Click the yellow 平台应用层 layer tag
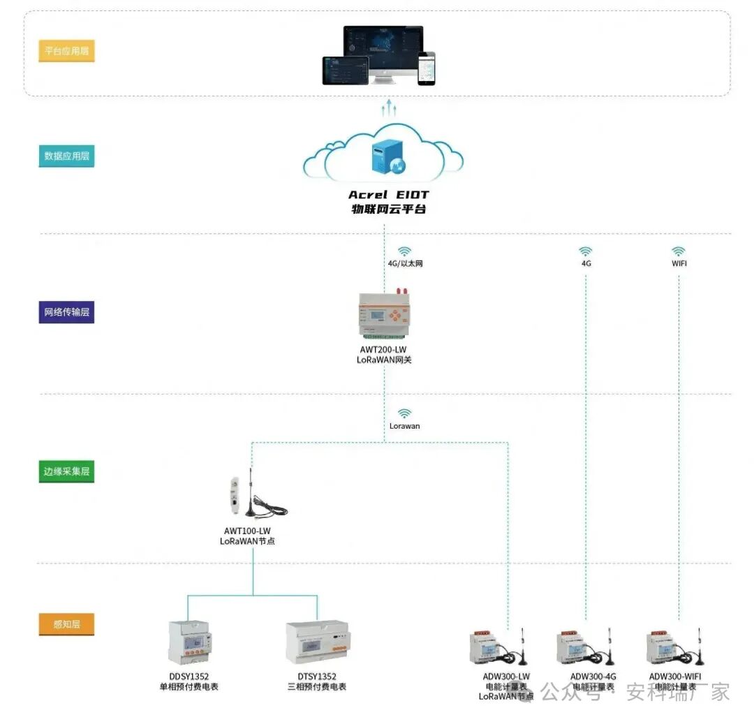tap(66, 51)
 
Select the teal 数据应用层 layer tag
tap(66, 156)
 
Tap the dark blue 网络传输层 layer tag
tap(66, 312)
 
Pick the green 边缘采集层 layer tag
tap(66, 471)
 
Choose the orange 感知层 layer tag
tap(66, 624)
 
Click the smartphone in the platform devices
tap(426, 68)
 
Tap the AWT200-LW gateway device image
tap(383, 313)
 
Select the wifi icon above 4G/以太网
tap(404, 251)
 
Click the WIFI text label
tap(679, 264)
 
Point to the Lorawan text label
tap(405, 425)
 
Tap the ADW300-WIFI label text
tap(675, 676)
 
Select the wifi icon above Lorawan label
tap(405, 413)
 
